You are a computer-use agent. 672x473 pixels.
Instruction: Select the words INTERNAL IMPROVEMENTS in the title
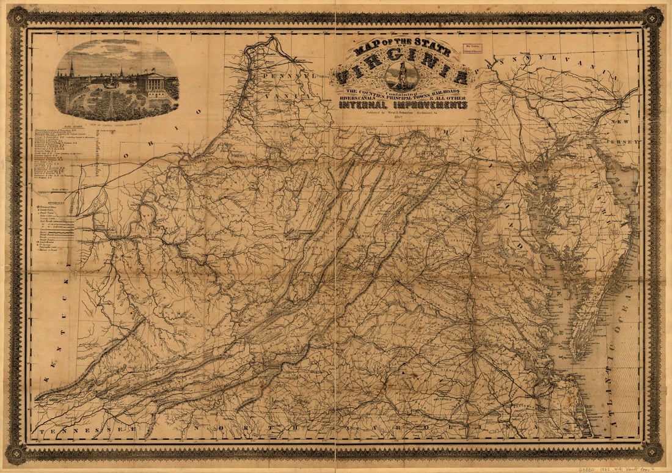pos(403,105)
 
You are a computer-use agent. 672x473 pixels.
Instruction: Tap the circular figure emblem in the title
pos(402,76)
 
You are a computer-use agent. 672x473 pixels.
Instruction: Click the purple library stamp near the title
pos(472,50)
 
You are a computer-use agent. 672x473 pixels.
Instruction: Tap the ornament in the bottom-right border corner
pos(652,453)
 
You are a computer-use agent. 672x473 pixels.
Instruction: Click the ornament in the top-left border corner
pos(18,16)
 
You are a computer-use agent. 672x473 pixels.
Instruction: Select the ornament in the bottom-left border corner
pos(17,453)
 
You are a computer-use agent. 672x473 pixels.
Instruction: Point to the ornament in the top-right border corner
pos(652,16)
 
